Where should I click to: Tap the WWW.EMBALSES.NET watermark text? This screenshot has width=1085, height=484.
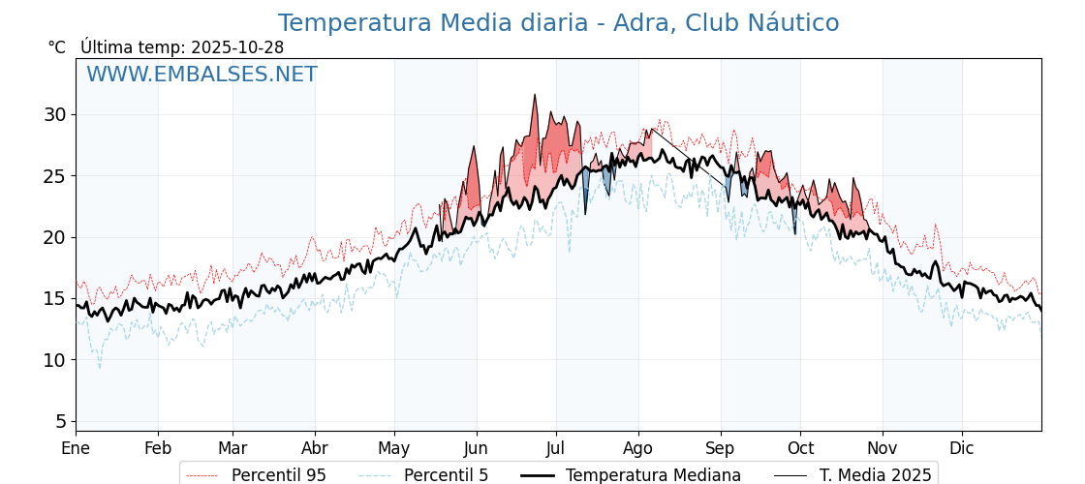[x=201, y=75]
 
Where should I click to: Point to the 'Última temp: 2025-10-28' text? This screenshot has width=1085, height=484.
[x=182, y=47]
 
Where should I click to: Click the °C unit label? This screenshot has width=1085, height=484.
[x=56, y=47]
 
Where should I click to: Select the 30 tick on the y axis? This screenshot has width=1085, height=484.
[x=54, y=114]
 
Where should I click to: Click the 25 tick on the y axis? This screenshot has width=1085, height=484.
[x=54, y=176]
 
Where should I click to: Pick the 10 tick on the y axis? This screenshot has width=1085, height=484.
[x=54, y=360]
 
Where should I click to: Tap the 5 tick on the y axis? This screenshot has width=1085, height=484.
[x=60, y=421]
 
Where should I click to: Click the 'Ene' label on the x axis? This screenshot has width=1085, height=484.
[x=76, y=448]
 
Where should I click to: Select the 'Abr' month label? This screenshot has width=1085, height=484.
[x=315, y=448]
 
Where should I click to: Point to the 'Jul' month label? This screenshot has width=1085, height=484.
[x=556, y=448]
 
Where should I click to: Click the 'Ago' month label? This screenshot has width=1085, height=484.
[x=637, y=448]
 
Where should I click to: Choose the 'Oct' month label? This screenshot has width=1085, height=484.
[x=800, y=448]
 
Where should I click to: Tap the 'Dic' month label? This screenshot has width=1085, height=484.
[x=962, y=448]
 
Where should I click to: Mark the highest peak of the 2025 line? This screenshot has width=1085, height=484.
[x=534, y=95]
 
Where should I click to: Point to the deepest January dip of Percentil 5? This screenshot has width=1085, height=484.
[x=99, y=367]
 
